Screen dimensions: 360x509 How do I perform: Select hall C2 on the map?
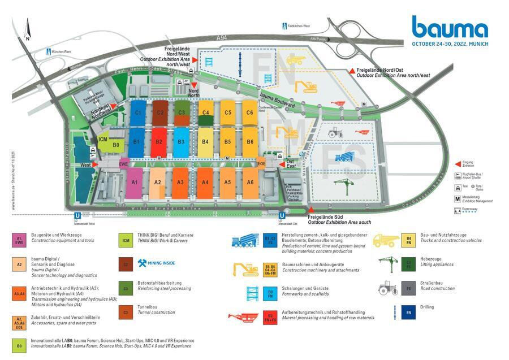[160, 112]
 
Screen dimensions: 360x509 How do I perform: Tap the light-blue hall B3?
[181, 142]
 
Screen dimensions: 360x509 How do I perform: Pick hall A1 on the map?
[135, 183]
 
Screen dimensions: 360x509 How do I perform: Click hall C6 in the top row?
[249, 112]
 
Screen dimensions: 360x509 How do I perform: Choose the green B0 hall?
[115, 145]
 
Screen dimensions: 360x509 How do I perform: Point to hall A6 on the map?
[249, 182]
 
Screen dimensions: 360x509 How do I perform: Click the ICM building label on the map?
[103, 139]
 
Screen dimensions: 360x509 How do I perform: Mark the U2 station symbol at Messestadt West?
[77, 215]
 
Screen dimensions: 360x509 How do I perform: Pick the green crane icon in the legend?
[387, 263]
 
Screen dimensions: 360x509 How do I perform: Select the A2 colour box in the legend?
[19, 264]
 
